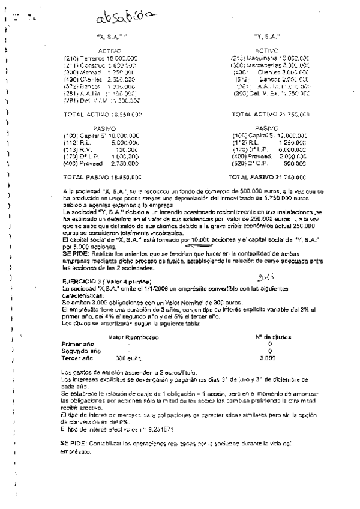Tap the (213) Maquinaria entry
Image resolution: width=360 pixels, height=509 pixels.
pos(270,58)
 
